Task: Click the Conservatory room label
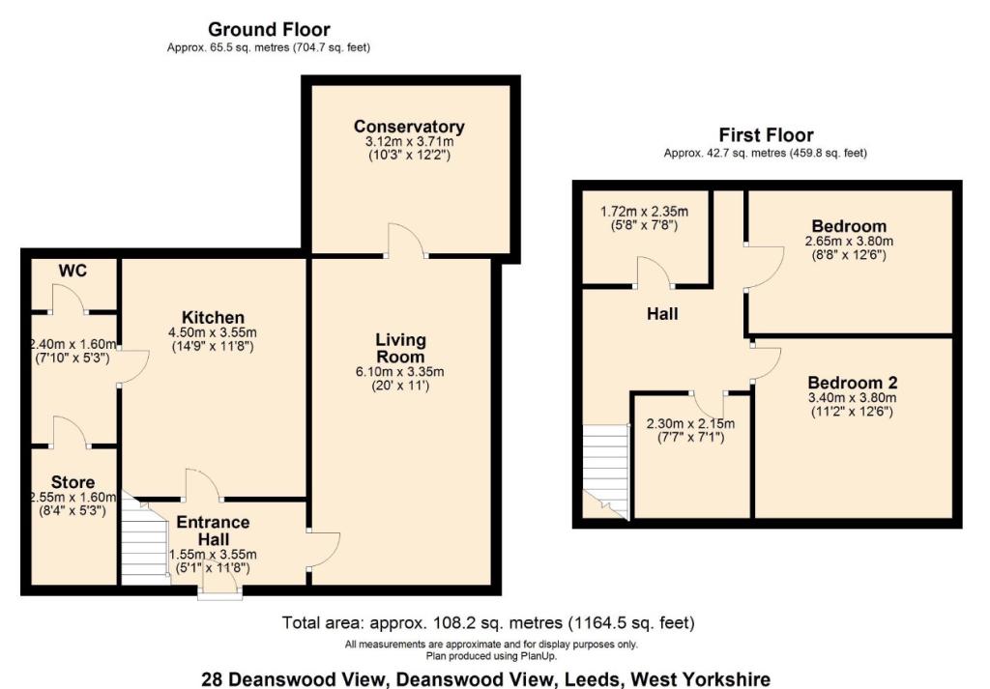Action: (409, 127)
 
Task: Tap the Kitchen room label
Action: (213, 317)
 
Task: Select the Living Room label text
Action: (401, 348)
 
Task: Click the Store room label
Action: (73, 482)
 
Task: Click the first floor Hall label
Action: (663, 314)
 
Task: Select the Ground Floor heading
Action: (269, 30)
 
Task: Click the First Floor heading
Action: (766, 135)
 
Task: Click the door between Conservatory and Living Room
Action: (406, 241)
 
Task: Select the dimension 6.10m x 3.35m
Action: (401, 371)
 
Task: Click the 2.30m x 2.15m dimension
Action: (690, 423)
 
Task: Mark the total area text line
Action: (487, 622)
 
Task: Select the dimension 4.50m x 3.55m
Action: (213, 332)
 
